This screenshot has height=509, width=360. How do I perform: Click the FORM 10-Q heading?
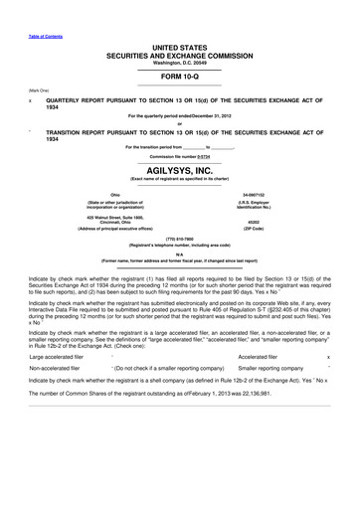(179, 76)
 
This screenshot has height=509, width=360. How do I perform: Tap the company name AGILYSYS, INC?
(179, 170)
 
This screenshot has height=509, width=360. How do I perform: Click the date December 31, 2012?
(212, 116)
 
